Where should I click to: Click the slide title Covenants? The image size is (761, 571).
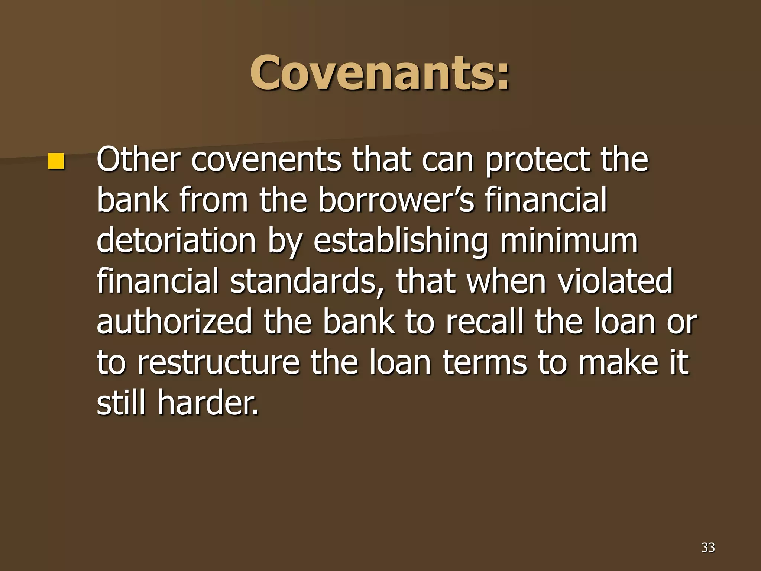pyautogui.click(x=380, y=72)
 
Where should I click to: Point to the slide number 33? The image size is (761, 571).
pyautogui.click(x=708, y=547)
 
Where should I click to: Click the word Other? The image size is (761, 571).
pyautogui.click(x=138, y=160)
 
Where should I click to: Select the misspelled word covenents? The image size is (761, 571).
pyautogui.click(x=266, y=160)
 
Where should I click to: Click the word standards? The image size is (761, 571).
pyautogui.click(x=303, y=282)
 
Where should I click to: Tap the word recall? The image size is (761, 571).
pyautogui.click(x=485, y=322)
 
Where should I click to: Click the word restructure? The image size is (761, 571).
pyautogui.click(x=218, y=363)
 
